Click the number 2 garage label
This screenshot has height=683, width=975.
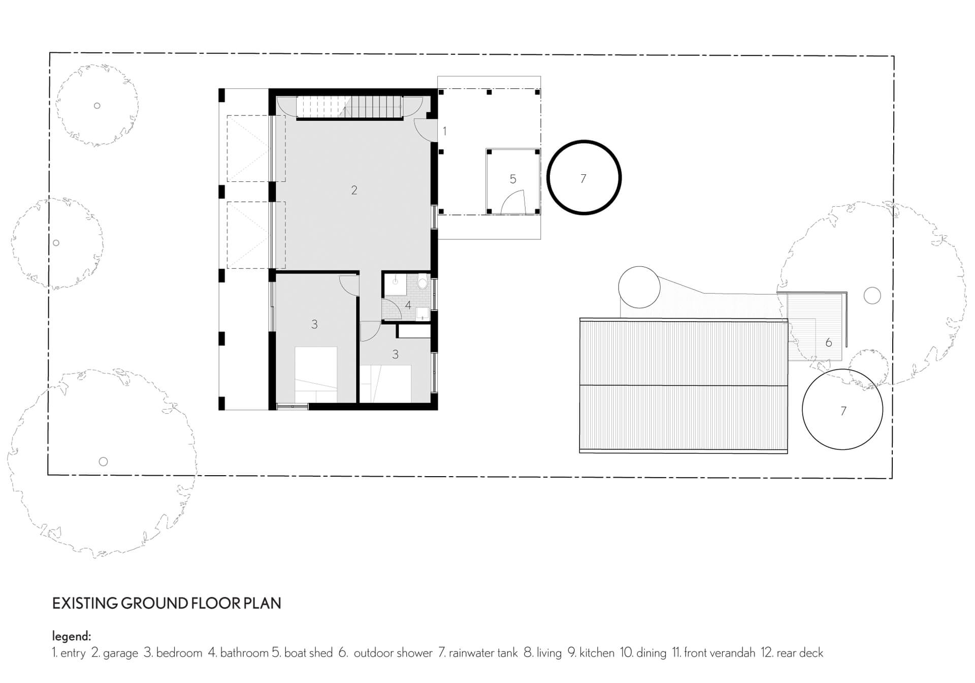(x=354, y=190)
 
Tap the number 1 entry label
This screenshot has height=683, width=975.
(x=445, y=131)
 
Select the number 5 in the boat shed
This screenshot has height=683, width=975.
(x=513, y=179)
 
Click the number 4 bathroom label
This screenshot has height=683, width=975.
(x=408, y=305)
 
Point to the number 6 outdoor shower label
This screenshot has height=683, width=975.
(x=829, y=343)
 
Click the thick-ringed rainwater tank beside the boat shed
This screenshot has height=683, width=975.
(x=584, y=177)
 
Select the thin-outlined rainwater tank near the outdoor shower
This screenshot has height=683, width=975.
(x=842, y=410)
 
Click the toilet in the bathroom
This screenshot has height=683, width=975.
(x=422, y=282)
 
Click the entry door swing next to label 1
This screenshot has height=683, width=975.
(x=425, y=130)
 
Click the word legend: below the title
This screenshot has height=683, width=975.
(x=72, y=636)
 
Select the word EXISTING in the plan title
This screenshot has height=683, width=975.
(x=84, y=603)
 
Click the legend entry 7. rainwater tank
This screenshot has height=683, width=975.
(x=478, y=653)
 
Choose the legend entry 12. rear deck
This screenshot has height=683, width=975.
(x=792, y=653)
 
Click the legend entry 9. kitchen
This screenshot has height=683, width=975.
(x=591, y=653)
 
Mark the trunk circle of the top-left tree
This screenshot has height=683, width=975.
(x=97, y=106)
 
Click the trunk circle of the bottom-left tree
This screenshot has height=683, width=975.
(x=103, y=461)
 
